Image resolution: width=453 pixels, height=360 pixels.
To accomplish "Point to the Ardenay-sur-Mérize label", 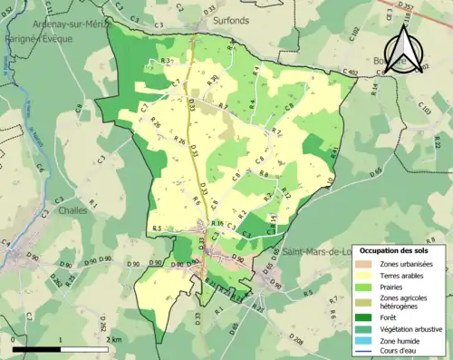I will tap(64, 24).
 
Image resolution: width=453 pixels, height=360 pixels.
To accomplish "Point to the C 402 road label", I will tap(349, 72).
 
